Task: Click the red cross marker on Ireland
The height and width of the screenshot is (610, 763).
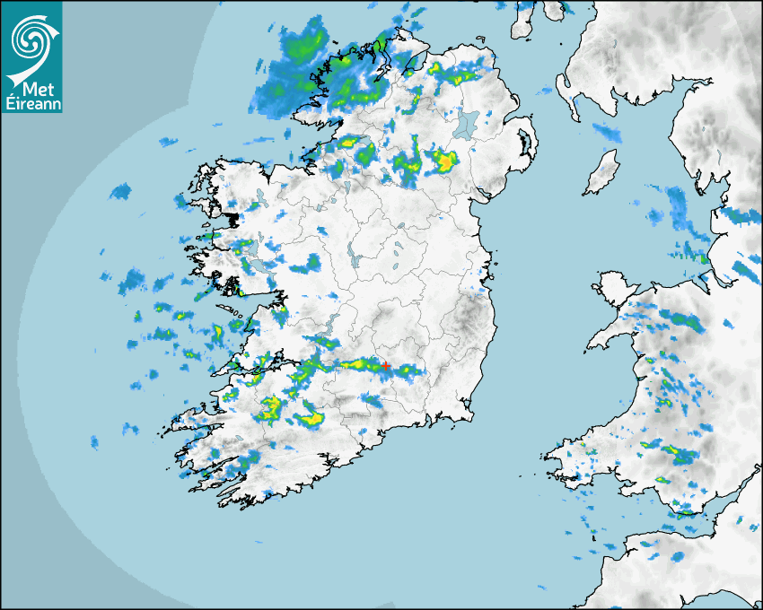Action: point(386,366)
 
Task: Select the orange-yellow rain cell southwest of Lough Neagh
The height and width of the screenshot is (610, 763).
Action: point(444,162)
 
